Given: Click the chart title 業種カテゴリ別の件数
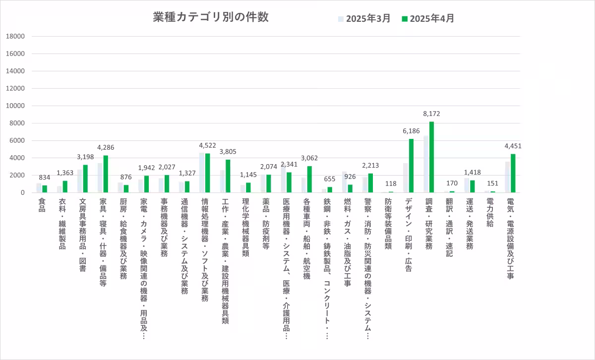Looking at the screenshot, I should (x=211, y=17).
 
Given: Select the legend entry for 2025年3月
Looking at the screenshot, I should (x=364, y=19).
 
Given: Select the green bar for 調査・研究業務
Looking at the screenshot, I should (x=431, y=157).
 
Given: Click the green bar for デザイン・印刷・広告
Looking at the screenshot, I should (x=411, y=166).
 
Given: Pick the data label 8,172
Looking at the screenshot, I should (x=431, y=114).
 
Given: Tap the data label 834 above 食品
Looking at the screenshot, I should (x=45, y=178).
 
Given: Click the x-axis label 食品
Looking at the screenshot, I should (x=42, y=206).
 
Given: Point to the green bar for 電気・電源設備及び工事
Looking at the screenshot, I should (x=513, y=173).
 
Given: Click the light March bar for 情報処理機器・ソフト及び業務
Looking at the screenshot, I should (x=202, y=173).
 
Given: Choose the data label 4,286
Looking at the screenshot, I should (x=106, y=147).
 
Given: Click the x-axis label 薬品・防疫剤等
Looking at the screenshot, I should (x=266, y=224).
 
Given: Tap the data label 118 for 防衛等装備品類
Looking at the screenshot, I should (x=391, y=183).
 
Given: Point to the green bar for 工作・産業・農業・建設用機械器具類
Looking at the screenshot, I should (x=228, y=176).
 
